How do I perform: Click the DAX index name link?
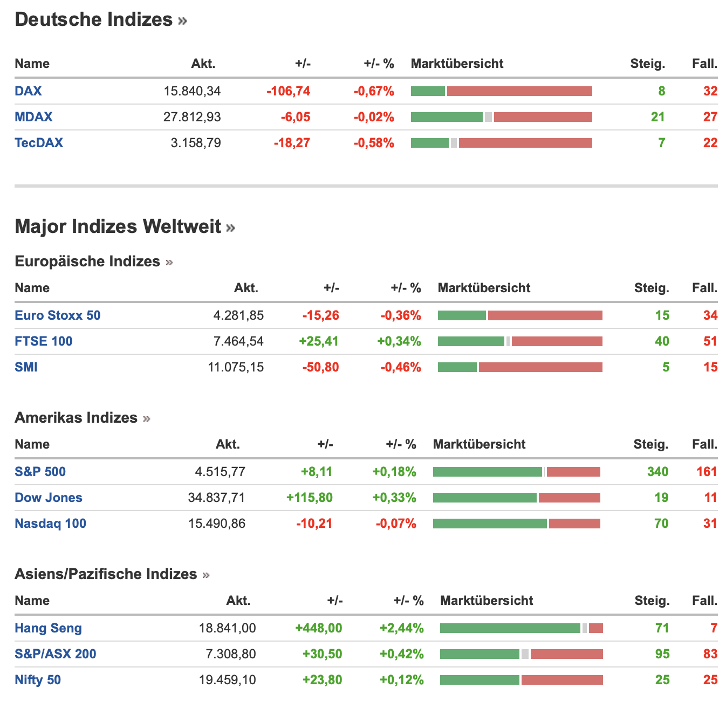[x=28, y=91]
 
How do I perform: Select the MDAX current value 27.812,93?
[x=192, y=117]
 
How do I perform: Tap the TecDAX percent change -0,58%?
[x=374, y=143]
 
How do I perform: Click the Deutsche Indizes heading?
[x=94, y=20]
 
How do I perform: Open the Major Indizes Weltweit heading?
[x=118, y=226]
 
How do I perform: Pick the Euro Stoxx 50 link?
[x=58, y=315]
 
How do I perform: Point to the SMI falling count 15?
[x=710, y=367]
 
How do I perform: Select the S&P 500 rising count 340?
[x=657, y=472]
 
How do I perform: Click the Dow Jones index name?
[x=49, y=498]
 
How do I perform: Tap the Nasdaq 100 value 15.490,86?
[x=217, y=524]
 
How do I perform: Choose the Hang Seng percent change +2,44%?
[x=402, y=628]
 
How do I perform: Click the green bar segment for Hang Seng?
[x=510, y=628]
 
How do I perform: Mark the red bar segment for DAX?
[x=519, y=91]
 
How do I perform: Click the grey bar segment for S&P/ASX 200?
[x=525, y=654]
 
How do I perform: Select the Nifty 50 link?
[x=38, y=680]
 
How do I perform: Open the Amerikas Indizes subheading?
[x=76, y=418]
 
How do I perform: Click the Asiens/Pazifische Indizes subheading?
[x=106, y=574]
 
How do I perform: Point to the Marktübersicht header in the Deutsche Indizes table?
[x=457, y=64]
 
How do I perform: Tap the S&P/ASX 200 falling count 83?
[x=710, y=654]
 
